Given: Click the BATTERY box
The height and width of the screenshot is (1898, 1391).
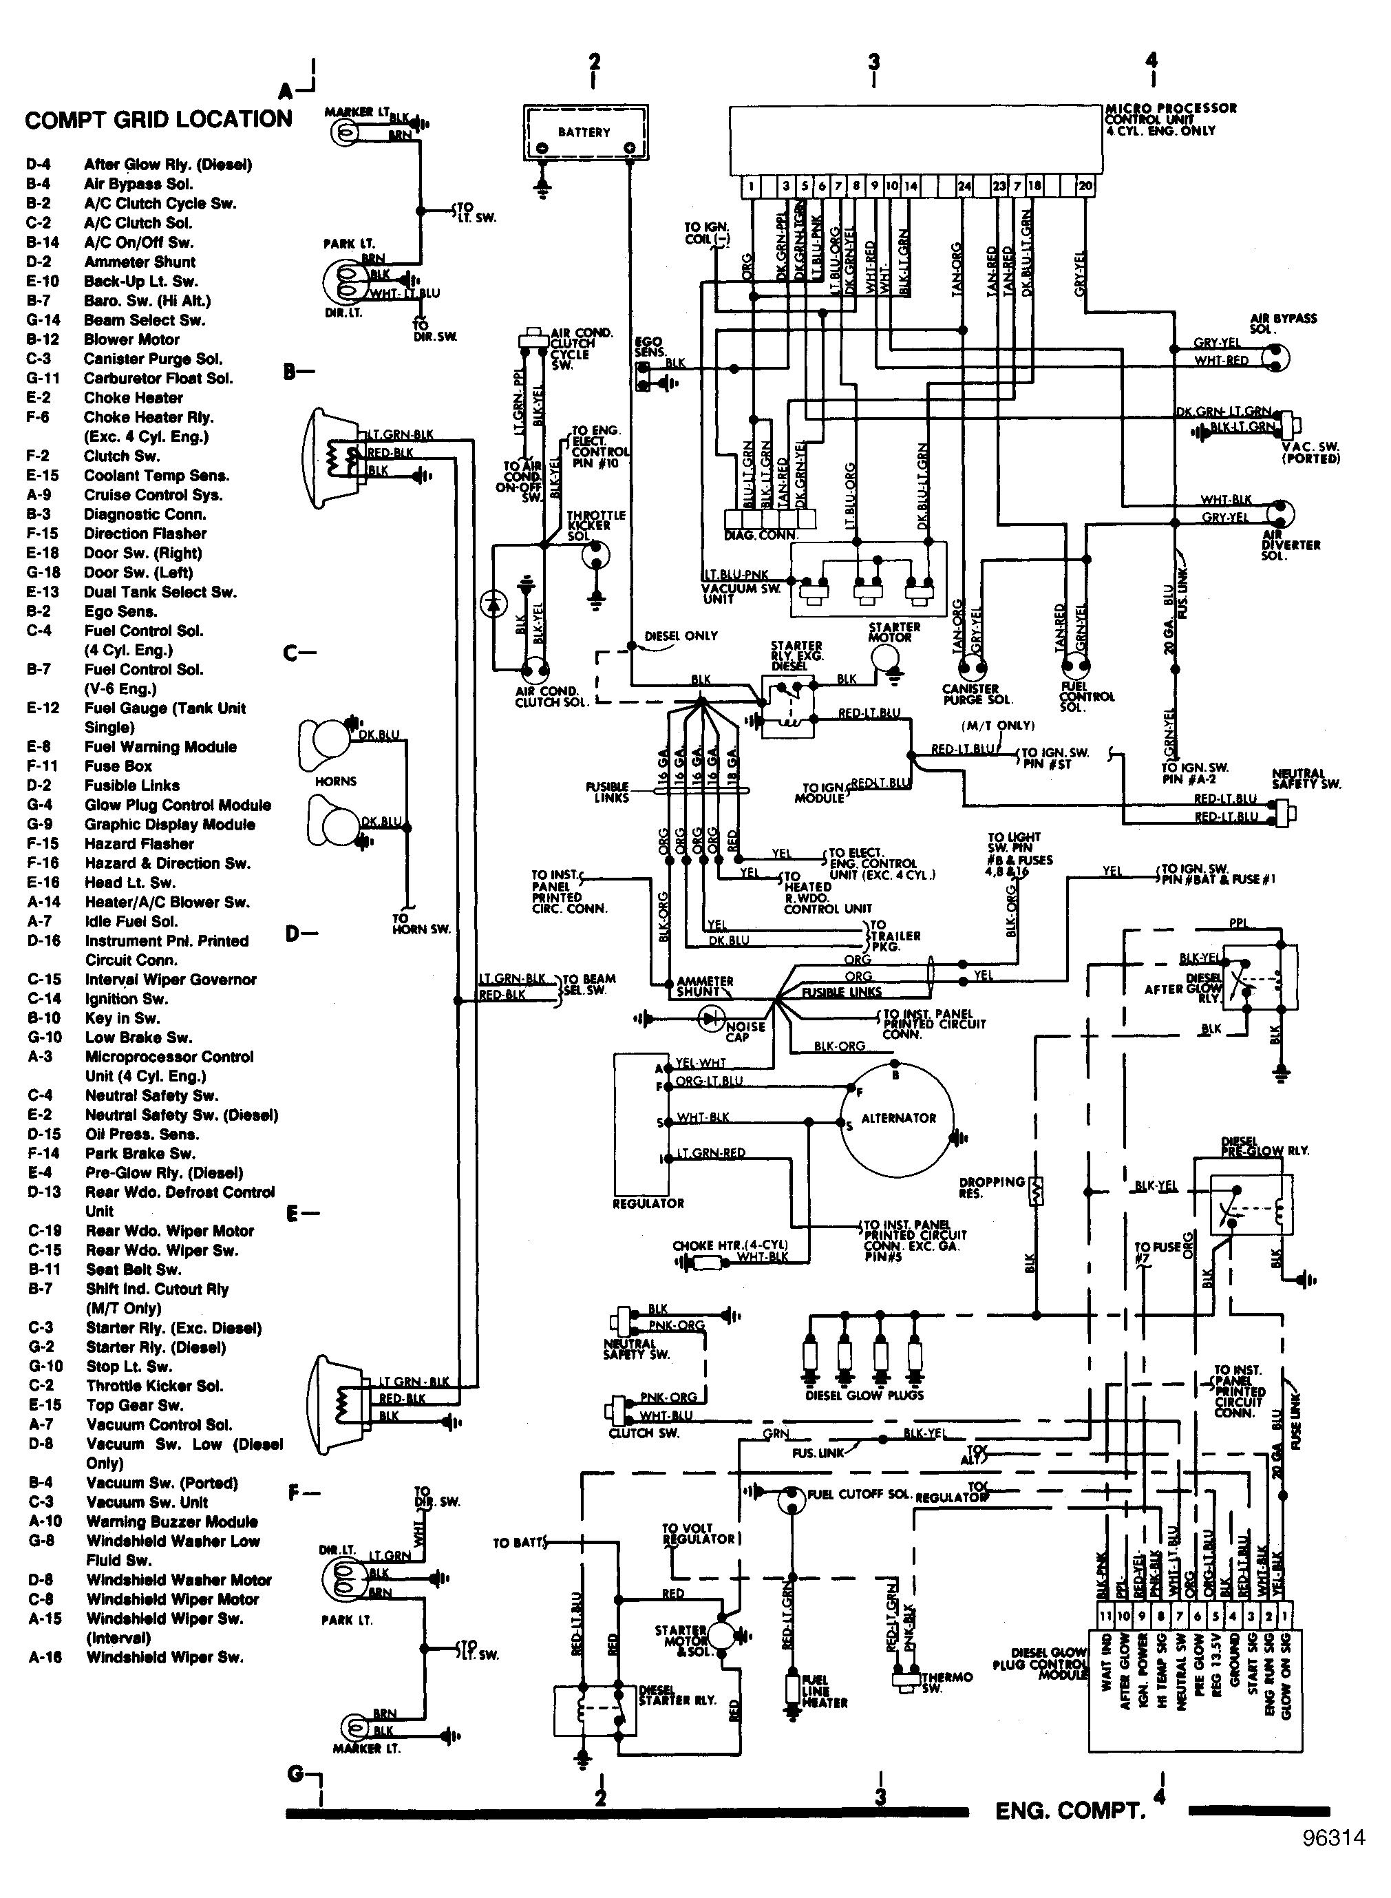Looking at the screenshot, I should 585,132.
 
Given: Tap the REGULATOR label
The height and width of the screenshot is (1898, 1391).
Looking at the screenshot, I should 648,1203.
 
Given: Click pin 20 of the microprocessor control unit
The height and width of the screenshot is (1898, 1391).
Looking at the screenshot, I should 1085,186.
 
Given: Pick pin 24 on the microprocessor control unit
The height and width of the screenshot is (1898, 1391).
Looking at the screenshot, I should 964,186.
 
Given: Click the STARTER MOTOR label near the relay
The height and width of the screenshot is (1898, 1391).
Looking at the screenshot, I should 894,631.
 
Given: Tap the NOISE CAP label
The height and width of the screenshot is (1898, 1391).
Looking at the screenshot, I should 745,1031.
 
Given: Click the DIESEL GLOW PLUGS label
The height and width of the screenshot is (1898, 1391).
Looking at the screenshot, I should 864,1395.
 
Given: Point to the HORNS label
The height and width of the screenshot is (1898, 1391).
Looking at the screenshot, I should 336,781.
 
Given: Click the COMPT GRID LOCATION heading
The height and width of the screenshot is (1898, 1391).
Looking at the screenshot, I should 158,120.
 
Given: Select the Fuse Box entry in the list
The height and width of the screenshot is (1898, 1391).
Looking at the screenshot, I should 118,766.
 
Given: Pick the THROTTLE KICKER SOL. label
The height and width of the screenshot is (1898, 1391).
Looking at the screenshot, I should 595,525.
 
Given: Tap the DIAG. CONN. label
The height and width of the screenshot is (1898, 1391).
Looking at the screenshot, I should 761,536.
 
